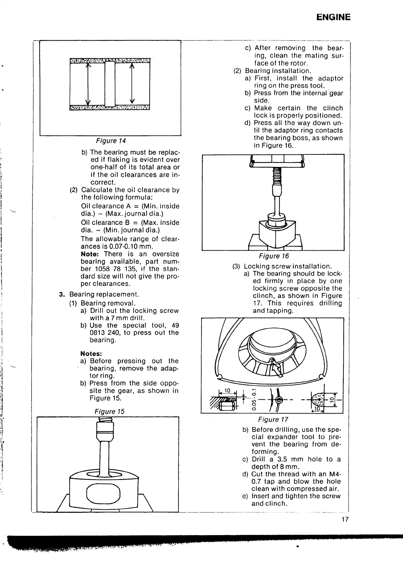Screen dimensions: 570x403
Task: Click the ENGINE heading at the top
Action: tap(333, 17)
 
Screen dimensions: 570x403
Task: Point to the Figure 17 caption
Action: tap(273, 420)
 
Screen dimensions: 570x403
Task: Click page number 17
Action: tap(345, 520)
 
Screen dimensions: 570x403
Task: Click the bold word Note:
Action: tap(91, 254)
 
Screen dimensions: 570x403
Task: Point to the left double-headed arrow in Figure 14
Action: tap(88, 84)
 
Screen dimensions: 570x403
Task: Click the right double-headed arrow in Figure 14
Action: tap(132, 84)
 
